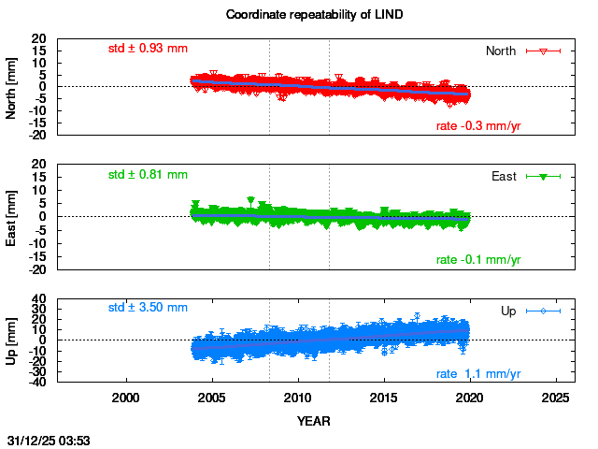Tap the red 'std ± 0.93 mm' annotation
point(148,48)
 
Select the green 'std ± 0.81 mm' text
point(148,174)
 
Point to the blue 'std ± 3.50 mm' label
point(148,307)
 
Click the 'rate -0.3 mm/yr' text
point(478,126)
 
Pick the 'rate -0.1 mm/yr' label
point(478,259)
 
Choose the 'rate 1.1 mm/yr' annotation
point(478,374)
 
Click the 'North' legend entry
point(502,51)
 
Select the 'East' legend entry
point(505,176)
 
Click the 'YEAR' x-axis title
point(312,421)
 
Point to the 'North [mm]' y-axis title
point(12,87)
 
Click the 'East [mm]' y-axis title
point(12,216)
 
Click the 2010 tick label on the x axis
point(298,398)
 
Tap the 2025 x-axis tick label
point(556,398)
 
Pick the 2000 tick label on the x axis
point(126,398)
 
